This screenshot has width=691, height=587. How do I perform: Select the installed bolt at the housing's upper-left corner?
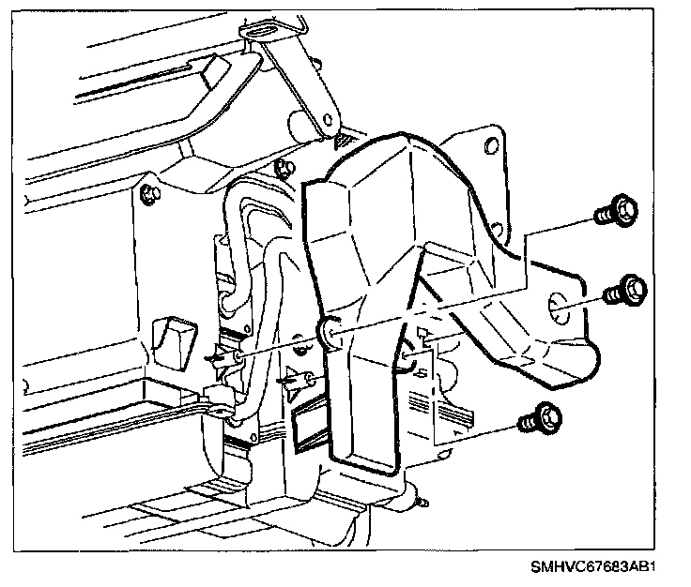[x=148, y=194]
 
